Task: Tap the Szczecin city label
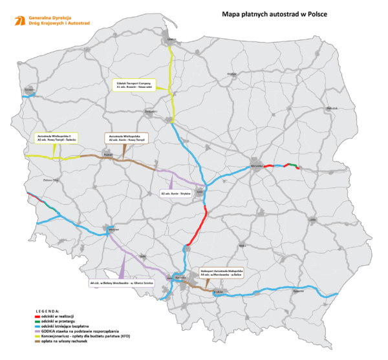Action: tap(28, 89)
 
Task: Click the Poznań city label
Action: tap(108, 155)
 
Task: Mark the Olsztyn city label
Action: tap(229, 75)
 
